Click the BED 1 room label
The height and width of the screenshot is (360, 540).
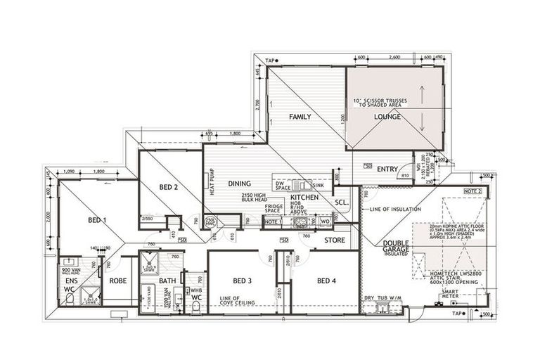[x=98, y=220]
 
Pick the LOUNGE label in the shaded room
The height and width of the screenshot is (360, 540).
[x=387, y=117]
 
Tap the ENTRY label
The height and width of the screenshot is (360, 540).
[x=387, y=169]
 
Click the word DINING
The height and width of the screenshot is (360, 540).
[x=240, y=184]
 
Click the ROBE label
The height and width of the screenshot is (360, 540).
[x=117, y=281]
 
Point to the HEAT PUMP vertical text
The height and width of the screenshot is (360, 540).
[x=210, y=184]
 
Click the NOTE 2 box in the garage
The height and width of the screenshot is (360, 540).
[x=472, y=191]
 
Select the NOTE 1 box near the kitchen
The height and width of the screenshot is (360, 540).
[x=273, y=221]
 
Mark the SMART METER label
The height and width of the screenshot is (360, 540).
[x=450, y=294]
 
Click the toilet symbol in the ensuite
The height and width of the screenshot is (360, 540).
[x=70, y=298]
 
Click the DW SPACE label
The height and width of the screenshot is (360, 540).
[x=283, y=185]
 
